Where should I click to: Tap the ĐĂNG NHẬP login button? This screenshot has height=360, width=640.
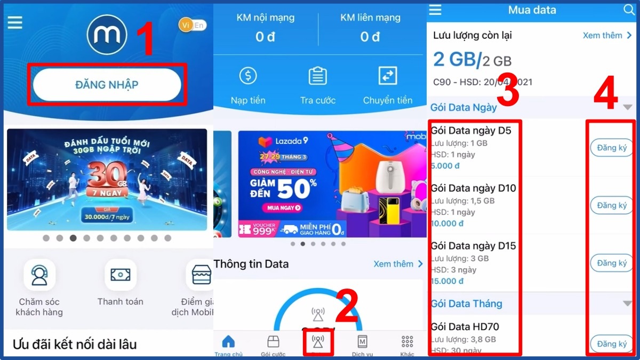[x=107, y=84]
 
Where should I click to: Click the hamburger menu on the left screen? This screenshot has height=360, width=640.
[x=15, y=22]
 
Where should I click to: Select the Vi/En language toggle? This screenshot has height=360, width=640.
[x=193, y=25]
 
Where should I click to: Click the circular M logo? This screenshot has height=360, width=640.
[x=107, y=35]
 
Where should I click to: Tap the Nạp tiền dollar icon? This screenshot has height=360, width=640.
[x=248, y=76]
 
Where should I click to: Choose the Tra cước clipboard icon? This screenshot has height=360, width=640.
[x=318, y=76]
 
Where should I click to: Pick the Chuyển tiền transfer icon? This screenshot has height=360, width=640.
[x=388, y=76]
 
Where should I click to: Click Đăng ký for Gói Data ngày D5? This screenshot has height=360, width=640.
[x=612, y=148]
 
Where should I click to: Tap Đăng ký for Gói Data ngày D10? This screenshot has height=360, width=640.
[x=612, y=205]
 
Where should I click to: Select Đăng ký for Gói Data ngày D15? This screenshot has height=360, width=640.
[x=612, y=263]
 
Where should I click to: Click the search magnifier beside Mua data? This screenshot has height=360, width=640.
[x=628, y=10]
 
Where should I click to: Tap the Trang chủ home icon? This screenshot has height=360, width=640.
[x=228, y=341]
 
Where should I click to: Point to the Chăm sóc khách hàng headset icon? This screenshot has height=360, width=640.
[x=39, y=275]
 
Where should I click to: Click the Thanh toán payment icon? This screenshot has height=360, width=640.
[x=121, y=275]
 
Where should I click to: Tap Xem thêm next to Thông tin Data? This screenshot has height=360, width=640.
[x=398, y=264]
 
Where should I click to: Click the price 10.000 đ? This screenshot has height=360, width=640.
[x=447, y=223]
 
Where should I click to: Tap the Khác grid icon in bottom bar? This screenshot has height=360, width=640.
[x=407, y=341]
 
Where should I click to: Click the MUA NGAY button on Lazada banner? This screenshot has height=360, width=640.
[x=283, y=208]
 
